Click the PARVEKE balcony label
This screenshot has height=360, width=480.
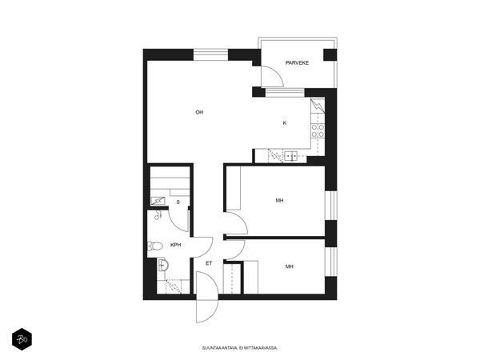point(297,62)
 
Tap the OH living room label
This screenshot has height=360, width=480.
point(199,112)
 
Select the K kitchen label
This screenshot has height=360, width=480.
point(285,123)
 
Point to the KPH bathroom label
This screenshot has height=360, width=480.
point(176,245)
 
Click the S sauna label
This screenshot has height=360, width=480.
point(178,202)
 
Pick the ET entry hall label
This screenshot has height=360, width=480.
point(209,263)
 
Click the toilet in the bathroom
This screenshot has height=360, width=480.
point(155,246)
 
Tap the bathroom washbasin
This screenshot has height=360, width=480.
point(162,265)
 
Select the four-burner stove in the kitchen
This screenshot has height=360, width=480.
point(318,130)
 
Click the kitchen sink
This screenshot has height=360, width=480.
point(290,156)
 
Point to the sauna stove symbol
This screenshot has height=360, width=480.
point(158,201)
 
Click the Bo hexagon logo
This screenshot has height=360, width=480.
point(22,339)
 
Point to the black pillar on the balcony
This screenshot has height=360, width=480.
point(330,54)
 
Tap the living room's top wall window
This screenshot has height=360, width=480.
point(210,54)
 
